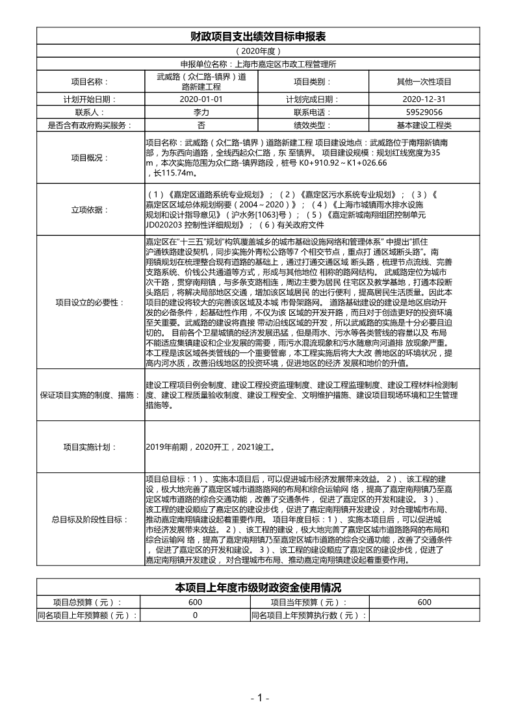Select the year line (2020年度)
pos(257,51)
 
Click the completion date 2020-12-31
pos(424,100)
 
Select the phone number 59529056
pos(424,112)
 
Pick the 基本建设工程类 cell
pos(424,125)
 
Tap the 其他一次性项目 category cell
pos(424,82)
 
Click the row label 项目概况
pos(88,158)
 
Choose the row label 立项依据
pos(88,209)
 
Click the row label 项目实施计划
pos(88,447)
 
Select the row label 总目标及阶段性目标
pos(88,520)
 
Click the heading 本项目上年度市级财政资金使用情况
pos(257,587)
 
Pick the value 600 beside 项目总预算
pos(195,602)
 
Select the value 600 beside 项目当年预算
pos(424,602)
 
